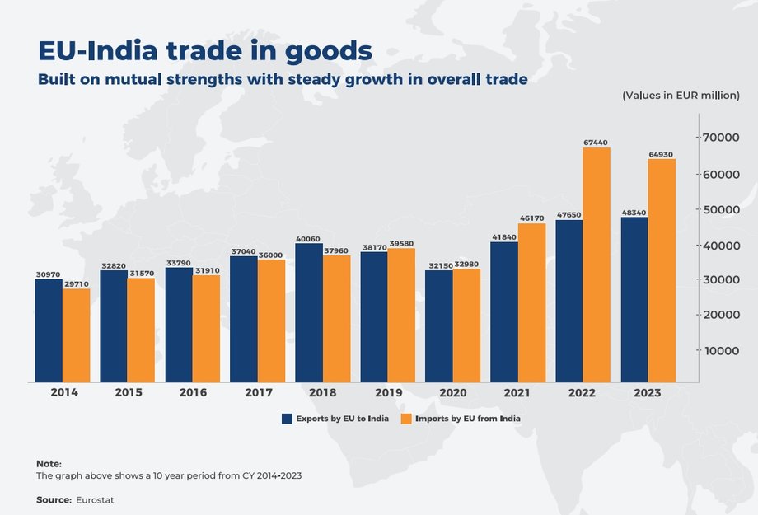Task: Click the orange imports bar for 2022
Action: click(x=597, y=265)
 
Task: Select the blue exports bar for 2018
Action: click(x=309, y=312)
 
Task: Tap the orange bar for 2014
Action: click(x=76, y=335)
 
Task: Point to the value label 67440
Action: click(x=597, y=142)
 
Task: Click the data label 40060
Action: click(x=309, y=237)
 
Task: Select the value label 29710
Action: click(x=77, y=283)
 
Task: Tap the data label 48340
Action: click(x=634, y=212)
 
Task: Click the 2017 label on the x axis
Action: click(x=258, y=393)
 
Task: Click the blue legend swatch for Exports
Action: click(x=287, y=419)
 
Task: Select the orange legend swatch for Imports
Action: click(x=405, y=419)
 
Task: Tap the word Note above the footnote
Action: click(x=49, y=464)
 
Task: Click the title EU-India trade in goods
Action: click(x=205, y=51)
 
